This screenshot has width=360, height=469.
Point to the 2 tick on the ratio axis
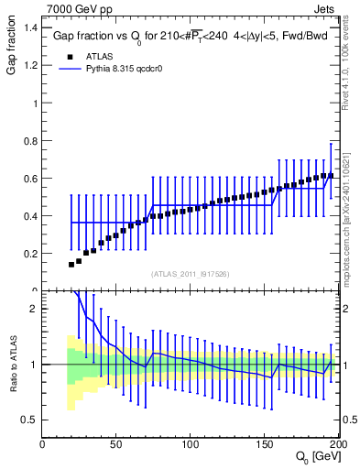pyautogui.click(x=33, y=309)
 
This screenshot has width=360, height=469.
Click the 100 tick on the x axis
pyautogui.click(x=191, y=444)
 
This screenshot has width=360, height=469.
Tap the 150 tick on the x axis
pyautogui.click(x=266, y=444)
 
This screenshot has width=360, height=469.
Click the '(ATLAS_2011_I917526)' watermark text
pyautogui.click(x=191, y=275)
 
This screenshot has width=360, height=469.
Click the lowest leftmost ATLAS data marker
pyautogui.click(x=71, y=264)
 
